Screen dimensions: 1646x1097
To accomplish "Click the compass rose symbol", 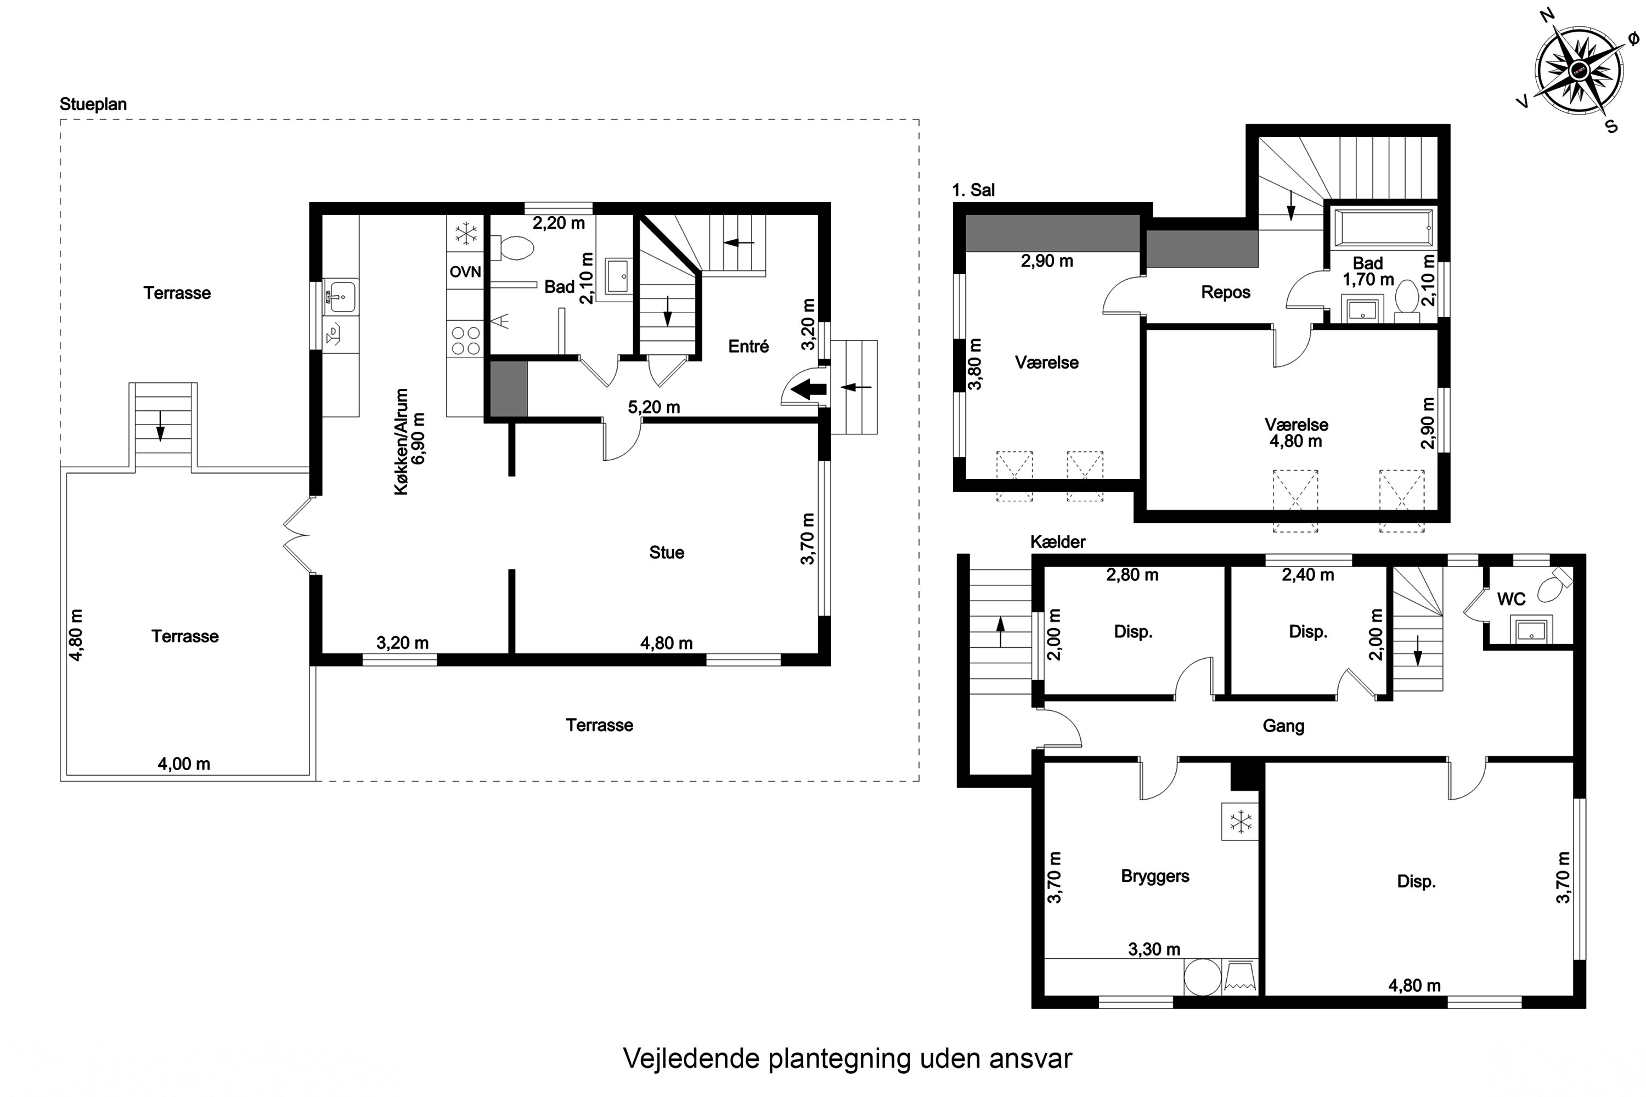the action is coord(1580,70).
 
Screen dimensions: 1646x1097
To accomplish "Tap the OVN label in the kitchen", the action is coord(465,272).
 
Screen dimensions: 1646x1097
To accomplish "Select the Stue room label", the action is coord(666,553).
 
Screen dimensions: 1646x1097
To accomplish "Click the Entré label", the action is coord(748,346).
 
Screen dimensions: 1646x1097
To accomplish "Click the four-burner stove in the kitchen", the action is coord(465,341).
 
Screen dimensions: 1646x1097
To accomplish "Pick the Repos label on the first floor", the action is coord(1225,292).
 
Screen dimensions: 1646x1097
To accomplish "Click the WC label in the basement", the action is coord(1510,599).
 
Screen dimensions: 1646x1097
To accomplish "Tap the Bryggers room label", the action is coord(1155,877).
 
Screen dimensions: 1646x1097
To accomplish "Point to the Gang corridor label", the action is coord(1283,726).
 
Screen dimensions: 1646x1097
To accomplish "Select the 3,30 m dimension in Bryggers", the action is coord(1154,949).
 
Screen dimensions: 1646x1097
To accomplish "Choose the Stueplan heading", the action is coord(93,104).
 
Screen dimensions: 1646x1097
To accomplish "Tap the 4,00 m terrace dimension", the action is coord(183,764).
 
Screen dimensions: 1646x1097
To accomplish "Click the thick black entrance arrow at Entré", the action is coord(809,389).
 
